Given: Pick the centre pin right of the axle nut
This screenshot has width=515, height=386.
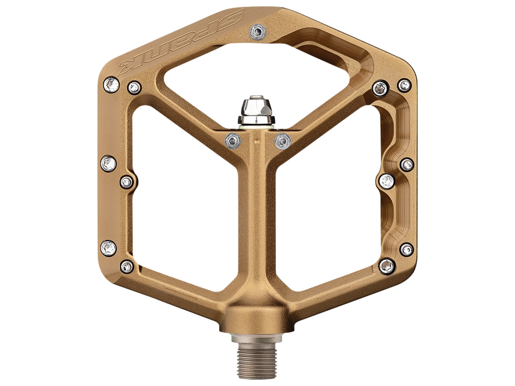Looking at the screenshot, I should (x=283, y=141).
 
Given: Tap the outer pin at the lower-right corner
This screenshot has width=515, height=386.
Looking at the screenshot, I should (x=407, y=249).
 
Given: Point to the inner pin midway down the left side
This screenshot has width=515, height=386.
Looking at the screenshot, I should (x=127, y=182).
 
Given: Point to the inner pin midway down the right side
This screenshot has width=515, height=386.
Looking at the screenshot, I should (x=387, y=180).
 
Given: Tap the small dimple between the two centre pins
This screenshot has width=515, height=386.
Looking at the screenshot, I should (x=255, y=140).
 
